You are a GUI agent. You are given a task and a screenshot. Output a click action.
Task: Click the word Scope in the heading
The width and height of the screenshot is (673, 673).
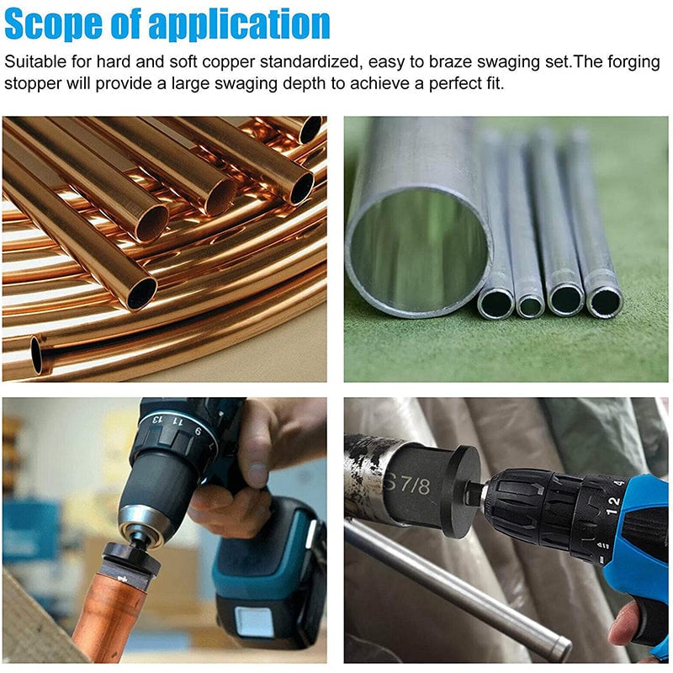53,24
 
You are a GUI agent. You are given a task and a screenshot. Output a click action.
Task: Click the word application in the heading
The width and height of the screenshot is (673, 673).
239,25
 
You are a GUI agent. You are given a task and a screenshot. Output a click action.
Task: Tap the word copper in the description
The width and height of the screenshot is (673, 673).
229,61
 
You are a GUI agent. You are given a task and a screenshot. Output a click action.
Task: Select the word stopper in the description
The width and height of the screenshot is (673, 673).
33,83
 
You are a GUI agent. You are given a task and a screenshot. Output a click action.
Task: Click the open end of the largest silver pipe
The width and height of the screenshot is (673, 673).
416,251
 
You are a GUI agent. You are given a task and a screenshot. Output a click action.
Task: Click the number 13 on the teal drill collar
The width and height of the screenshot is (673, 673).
158,418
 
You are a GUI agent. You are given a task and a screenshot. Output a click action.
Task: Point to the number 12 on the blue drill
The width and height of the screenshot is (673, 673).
613,506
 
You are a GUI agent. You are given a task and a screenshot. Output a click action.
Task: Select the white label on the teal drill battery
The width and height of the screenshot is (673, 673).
254,622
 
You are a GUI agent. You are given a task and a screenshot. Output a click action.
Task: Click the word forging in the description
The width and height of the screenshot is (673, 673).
633,61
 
